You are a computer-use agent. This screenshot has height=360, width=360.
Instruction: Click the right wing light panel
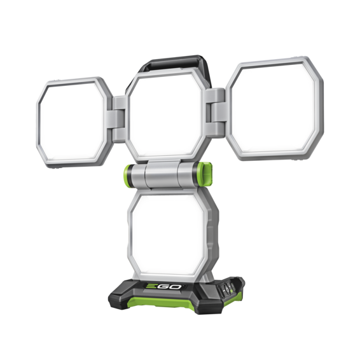(274, 107)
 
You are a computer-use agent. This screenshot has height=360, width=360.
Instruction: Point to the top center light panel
(168, 115)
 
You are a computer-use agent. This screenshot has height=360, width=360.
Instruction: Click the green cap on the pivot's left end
(128, 175)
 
